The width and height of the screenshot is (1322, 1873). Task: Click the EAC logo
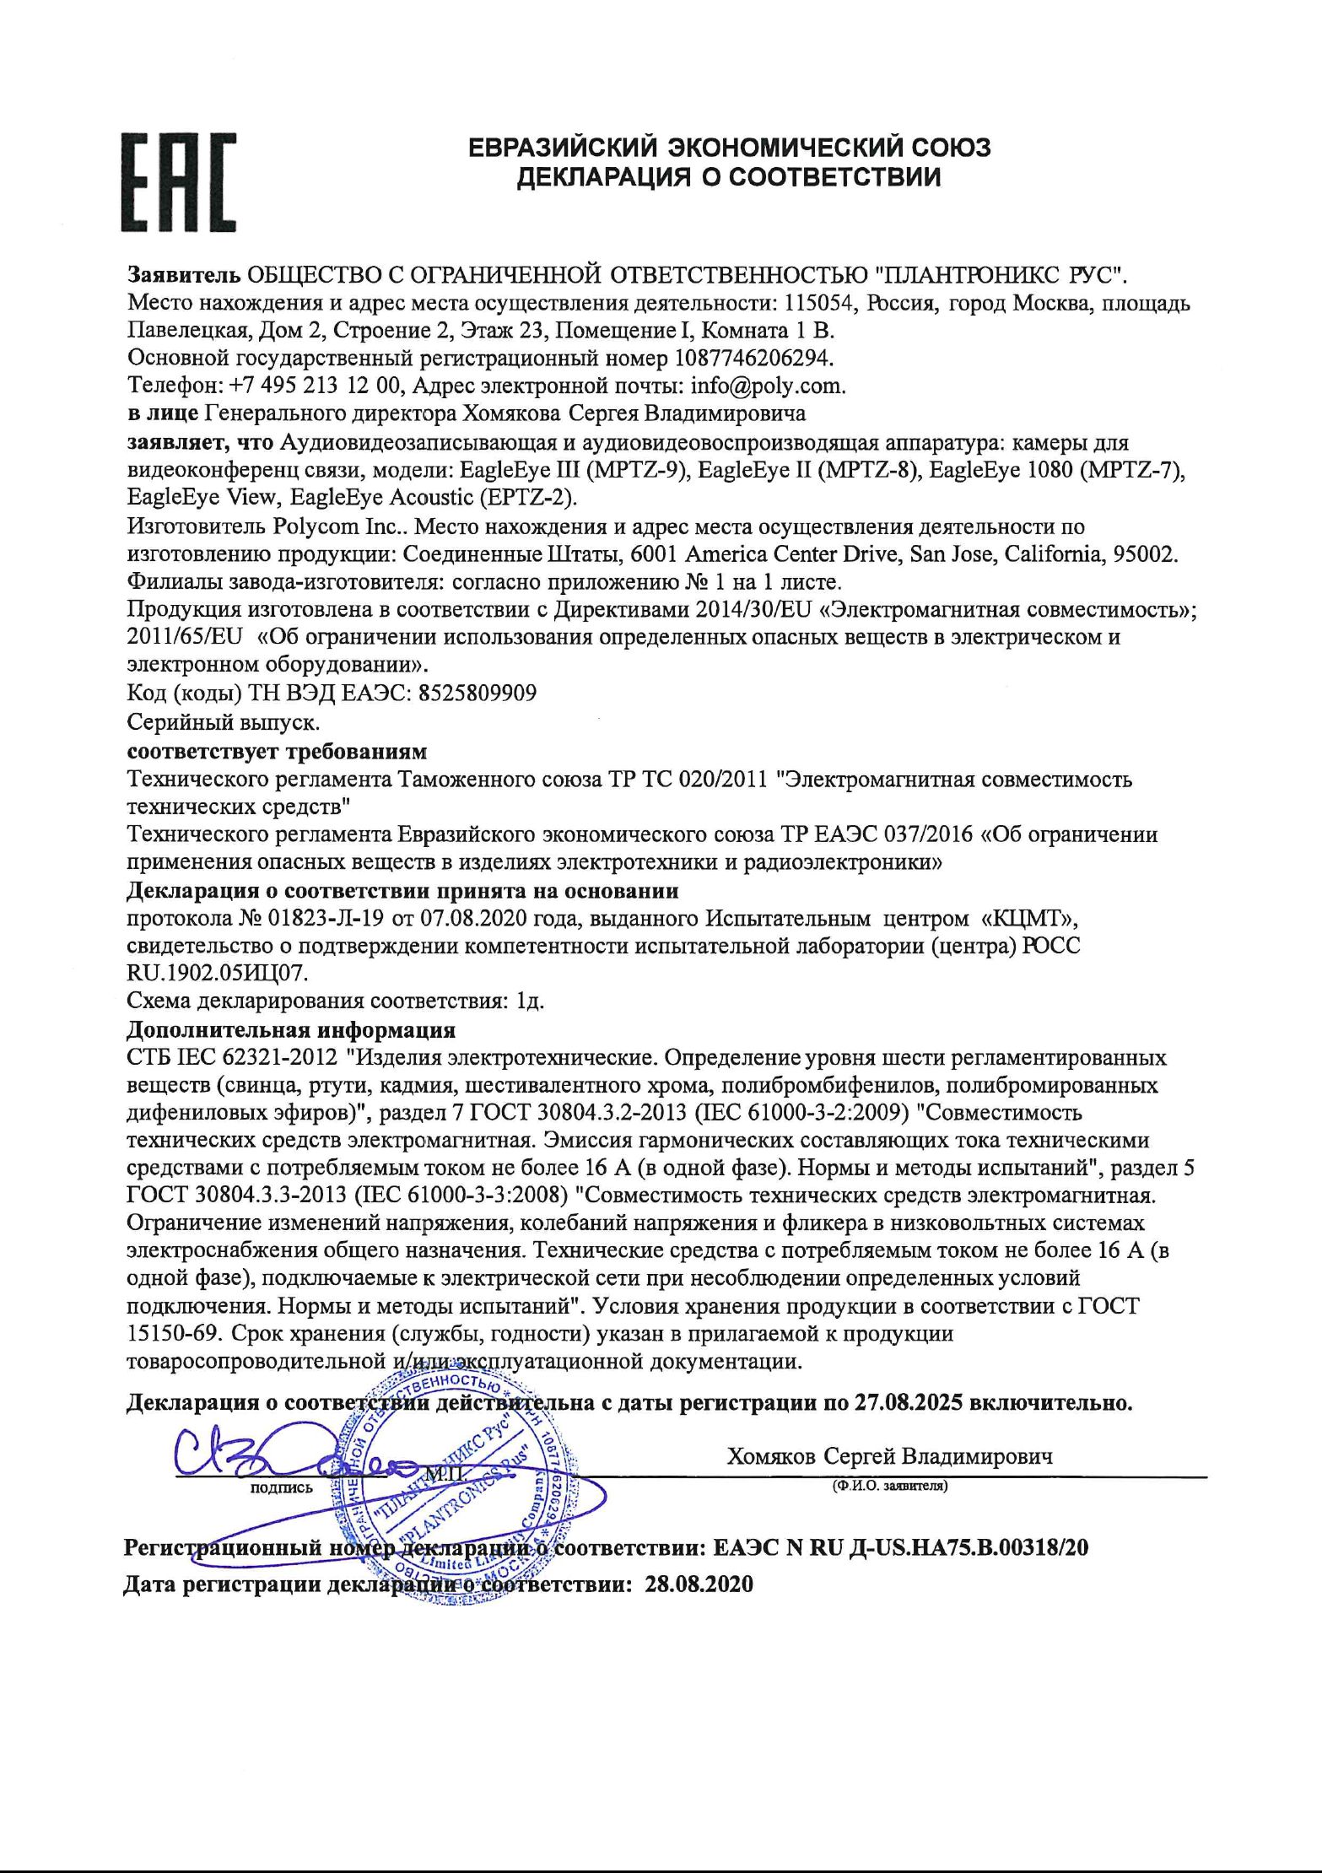(178, 181)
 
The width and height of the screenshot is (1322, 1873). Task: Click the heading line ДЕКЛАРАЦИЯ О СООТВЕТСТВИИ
(729, 177)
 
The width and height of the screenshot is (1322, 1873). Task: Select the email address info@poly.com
(766, 386)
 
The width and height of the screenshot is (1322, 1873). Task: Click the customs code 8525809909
(477, 694)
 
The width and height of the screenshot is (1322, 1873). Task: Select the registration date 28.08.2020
(698, 1584)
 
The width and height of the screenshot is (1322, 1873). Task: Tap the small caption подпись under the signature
(282, 1487)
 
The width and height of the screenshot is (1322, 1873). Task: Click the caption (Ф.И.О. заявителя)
(889, 1486)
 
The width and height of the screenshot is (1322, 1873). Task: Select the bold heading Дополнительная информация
(291, 1029)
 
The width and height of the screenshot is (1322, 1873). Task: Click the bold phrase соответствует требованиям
(277, 751)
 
